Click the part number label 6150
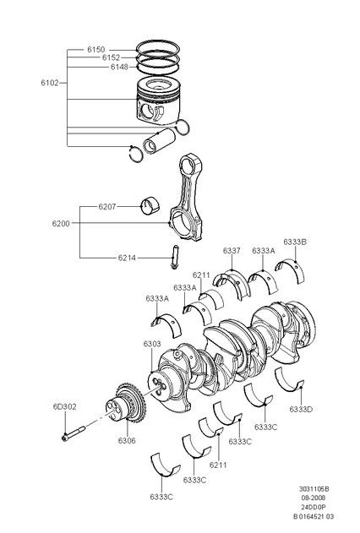point(96,50)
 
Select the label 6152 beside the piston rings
point(112,57)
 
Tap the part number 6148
point(119,67)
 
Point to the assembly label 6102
point(50,83)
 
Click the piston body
point(158,101)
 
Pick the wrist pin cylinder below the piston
point(159,141)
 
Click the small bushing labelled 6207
point(151,205)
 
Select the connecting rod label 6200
point(61,224)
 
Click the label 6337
point(232,251)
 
